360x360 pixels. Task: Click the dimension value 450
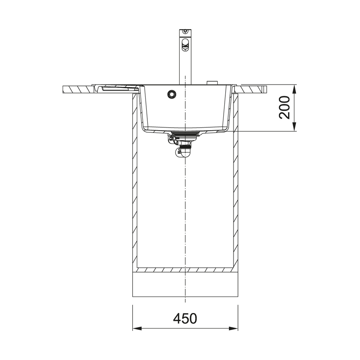pos(185,319)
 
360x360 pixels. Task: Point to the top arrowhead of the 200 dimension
pos(295,88)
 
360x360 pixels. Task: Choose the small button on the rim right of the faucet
pos(212,83)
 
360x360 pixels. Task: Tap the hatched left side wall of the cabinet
pos(135,183)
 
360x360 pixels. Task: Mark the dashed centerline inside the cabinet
pos(185,211)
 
